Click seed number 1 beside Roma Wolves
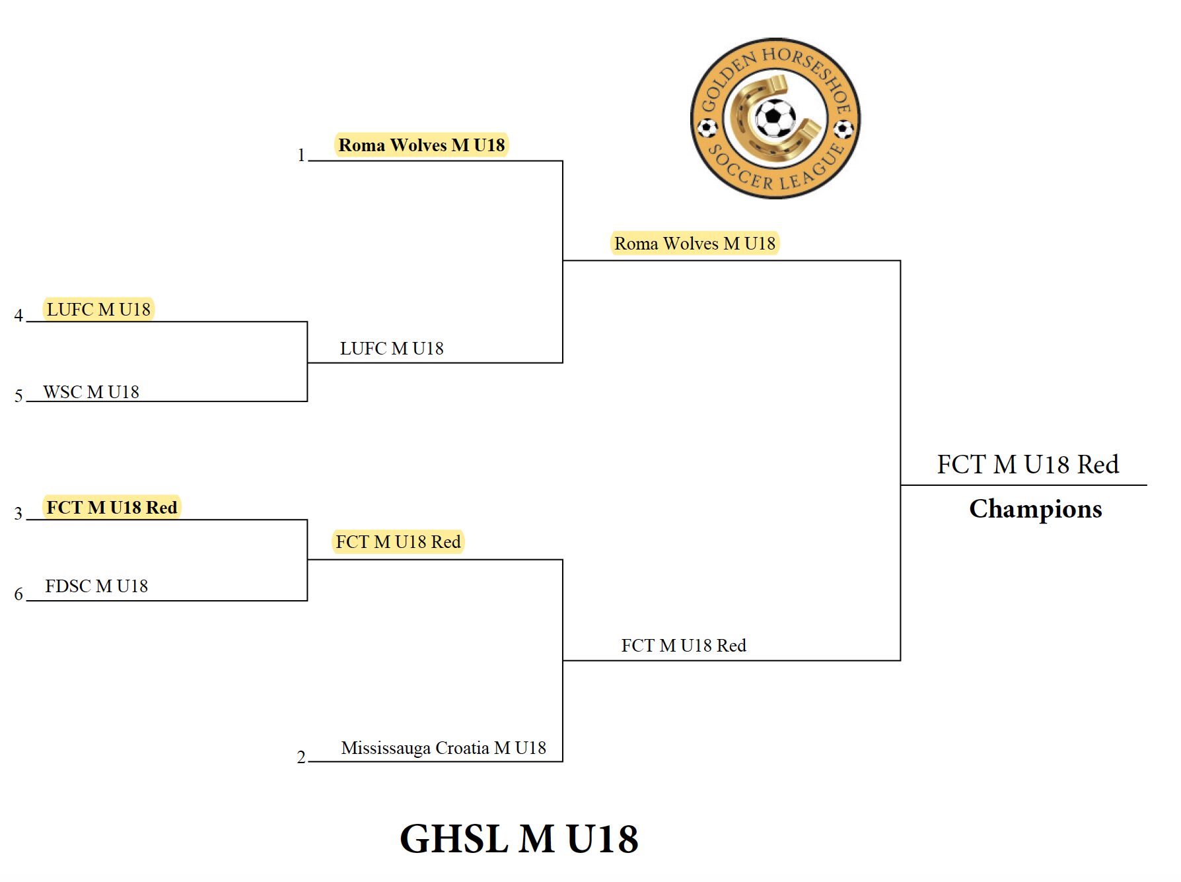coord(301,155)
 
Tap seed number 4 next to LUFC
coord(18,316)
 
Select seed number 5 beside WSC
coord(18,396)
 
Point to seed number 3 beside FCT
coord(18,514)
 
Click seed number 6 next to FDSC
coord(18,594)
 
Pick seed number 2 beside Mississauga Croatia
coord(301,757)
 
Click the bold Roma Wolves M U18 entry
coord(421,145)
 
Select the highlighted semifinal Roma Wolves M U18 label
coord(695,244)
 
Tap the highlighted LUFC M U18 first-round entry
coord(98,309)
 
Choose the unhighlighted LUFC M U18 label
coord(392,349)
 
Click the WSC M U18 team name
coord(91,392)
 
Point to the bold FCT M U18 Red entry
coord(112,507)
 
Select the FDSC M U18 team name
coord(96,586)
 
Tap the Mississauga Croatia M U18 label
coord(443,748)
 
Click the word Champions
coord(1035,509)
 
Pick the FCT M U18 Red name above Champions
coord(1028,465)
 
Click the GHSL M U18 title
coord(519,839)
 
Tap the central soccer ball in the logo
coord(775,118)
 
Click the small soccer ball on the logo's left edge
coord(707,127)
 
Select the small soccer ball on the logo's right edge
coord(844,128)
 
